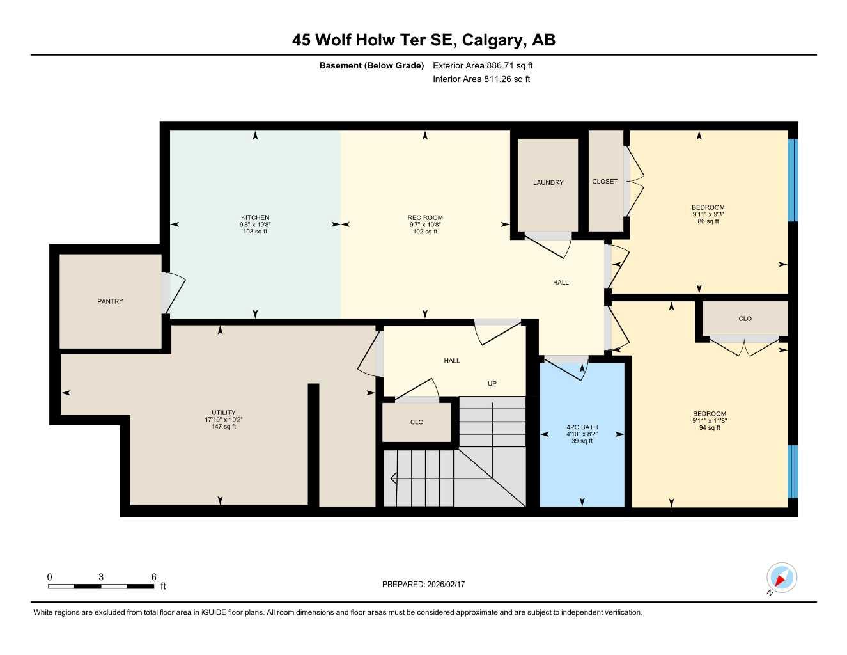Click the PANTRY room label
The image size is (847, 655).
[x=110, y=301]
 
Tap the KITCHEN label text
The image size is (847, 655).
[x=255, y=217]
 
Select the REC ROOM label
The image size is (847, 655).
[x=425, y=217]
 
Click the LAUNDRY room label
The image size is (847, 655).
[x=548, y=183]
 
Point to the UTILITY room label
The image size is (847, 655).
[x=224, y=413]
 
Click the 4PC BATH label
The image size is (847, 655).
[x=582, y=427]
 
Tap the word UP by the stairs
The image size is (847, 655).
[x=492, y=384]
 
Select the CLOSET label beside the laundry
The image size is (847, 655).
[x=605, y=182]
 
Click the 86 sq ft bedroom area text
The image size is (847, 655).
[x=708, y=221]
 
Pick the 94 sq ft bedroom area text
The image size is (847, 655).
[x=709, y=428]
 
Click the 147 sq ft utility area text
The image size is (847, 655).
[x=224, y=427]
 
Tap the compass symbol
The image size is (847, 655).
[x=781, y=578]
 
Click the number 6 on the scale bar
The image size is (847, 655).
[x=154, y=577]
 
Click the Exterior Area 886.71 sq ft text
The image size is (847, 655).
[x=483, y=65]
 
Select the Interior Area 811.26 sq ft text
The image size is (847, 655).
[x=481, y=79]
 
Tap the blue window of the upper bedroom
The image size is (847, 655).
[x=793, y=180]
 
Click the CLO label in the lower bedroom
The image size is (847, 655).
[x=745, y=319]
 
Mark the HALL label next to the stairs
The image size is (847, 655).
[x=451, y=361]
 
